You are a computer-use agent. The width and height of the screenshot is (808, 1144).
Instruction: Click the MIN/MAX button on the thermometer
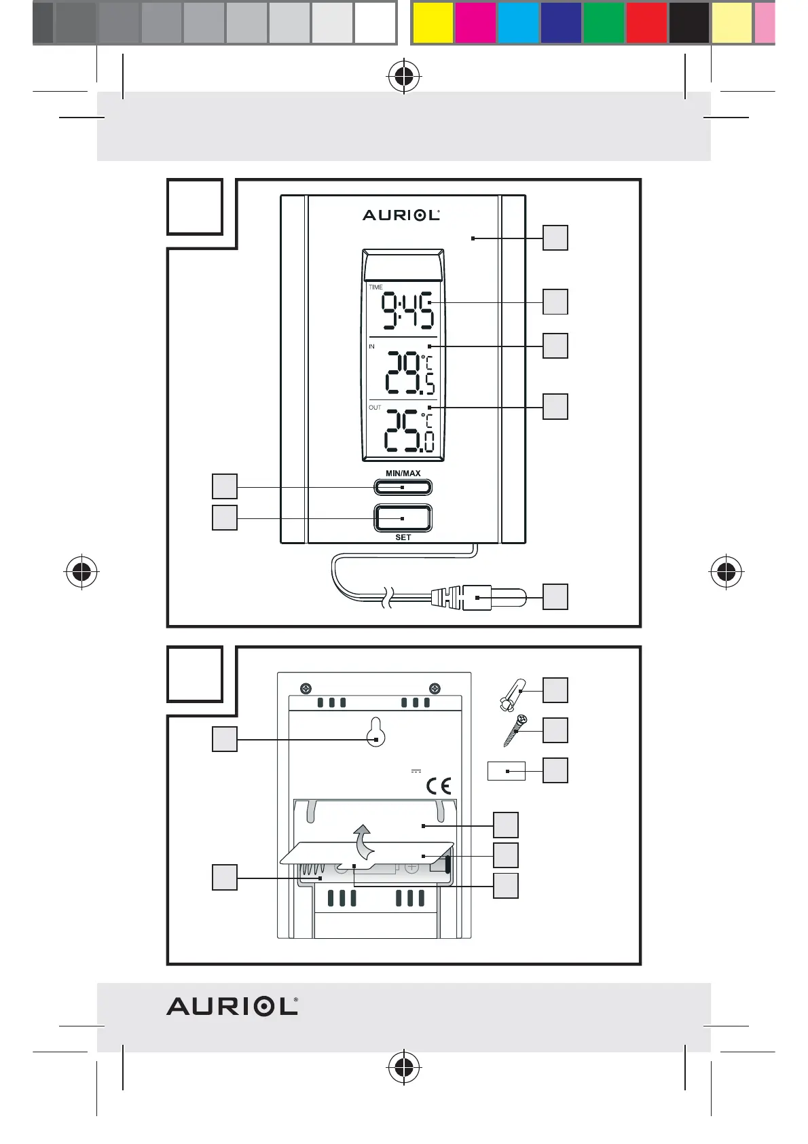403,487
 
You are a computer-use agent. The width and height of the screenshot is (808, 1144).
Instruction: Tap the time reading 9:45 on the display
406,311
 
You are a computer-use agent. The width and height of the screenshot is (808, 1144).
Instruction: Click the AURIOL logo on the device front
401,215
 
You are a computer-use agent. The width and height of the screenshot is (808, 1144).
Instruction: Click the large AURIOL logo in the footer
232,1006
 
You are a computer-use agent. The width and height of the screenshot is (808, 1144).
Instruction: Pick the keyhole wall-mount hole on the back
376,732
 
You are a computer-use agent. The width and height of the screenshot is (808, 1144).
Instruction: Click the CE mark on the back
439,787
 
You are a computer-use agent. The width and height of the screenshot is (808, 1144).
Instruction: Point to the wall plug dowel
513,695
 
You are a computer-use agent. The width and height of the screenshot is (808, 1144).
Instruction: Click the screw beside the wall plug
514,731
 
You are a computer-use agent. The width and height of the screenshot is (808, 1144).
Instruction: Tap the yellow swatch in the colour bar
433,23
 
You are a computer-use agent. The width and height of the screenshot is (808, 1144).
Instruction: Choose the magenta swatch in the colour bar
475,23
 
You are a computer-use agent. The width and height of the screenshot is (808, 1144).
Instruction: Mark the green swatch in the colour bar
604,23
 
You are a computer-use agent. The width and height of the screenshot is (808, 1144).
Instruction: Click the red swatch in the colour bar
646,23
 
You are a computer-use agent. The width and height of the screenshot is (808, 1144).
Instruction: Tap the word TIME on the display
375,287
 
